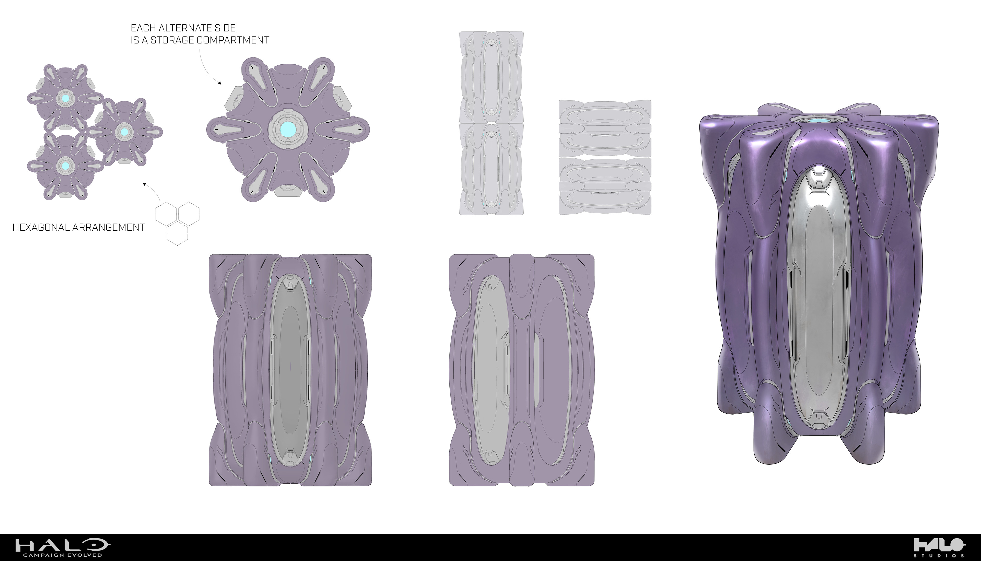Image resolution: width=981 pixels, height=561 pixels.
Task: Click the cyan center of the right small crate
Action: tap(124, 132)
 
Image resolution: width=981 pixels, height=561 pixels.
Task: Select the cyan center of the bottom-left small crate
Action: tap(65, 166)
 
